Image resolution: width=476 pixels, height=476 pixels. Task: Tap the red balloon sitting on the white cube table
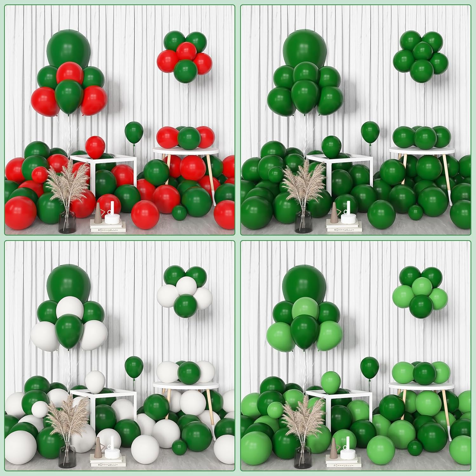pos(96,147)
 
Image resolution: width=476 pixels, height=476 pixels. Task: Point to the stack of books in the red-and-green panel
pos(108,226)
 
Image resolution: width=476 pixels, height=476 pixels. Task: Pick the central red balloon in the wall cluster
pos(187,52)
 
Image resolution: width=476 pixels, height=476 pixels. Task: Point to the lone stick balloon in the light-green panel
pos(369,367)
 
